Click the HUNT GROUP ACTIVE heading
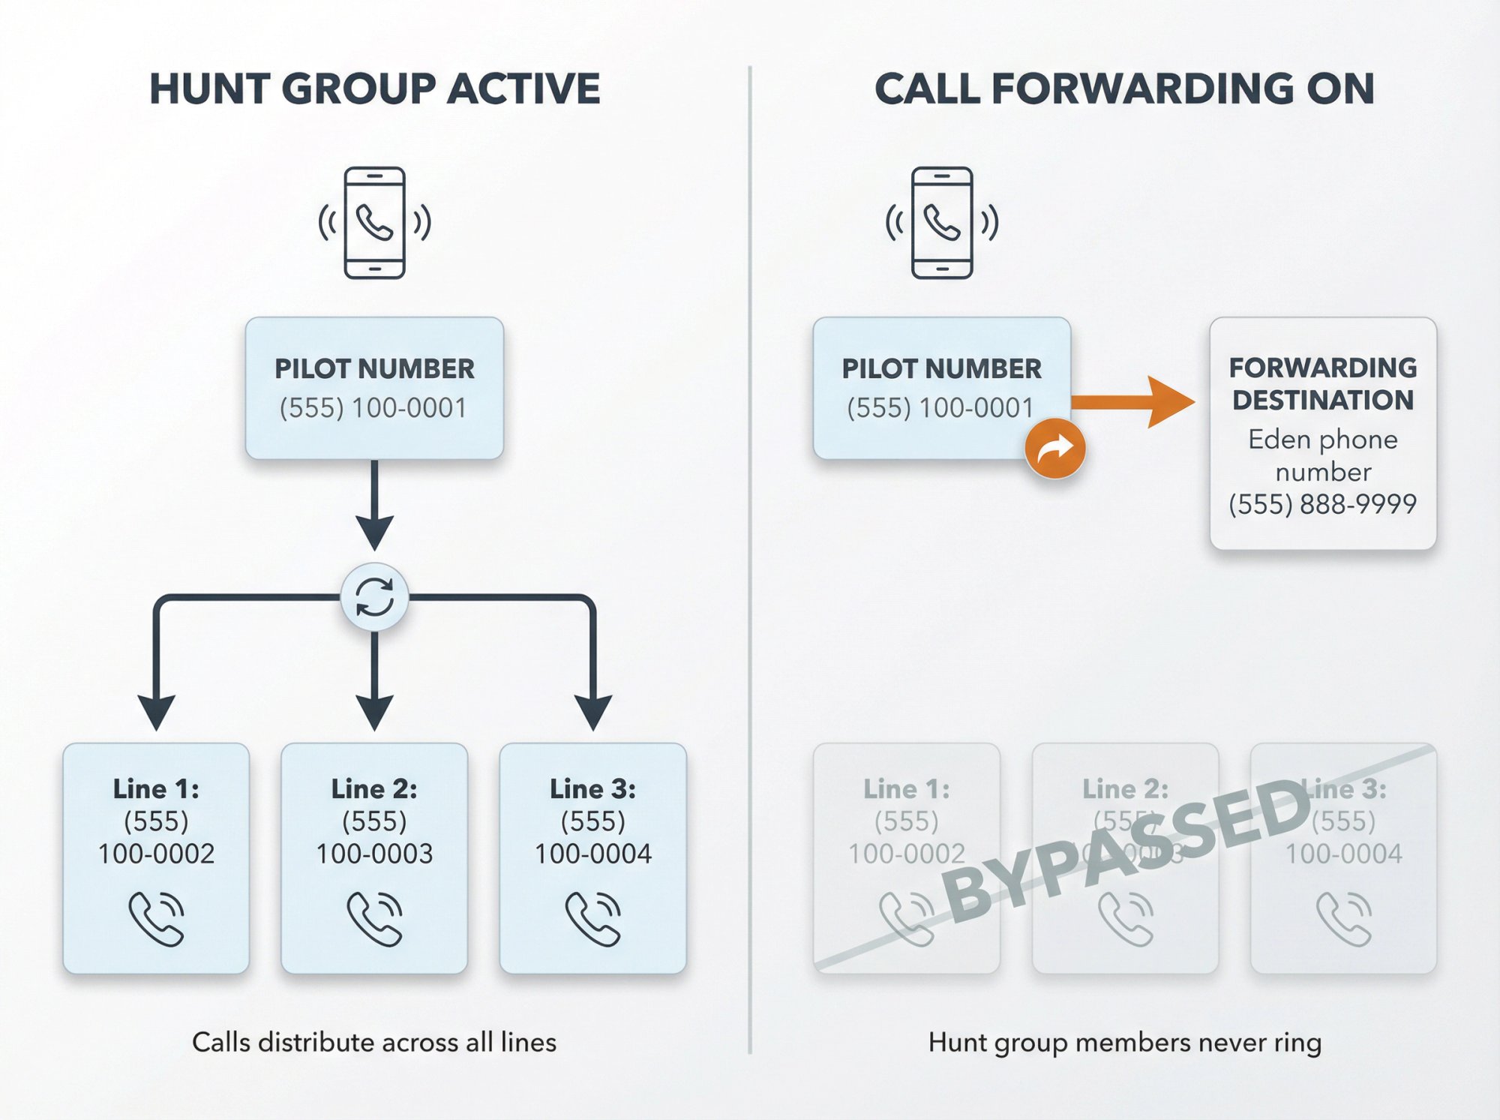click(374, 89)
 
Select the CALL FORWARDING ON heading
click(1124, 89)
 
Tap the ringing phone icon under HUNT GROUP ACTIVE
click(374, 223)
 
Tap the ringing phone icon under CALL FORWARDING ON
click(942, 223)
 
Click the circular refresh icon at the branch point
click(374, 598)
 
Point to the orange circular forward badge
click(1054, 449)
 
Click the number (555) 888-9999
click(1322, 504)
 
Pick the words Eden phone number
click(1322, 455)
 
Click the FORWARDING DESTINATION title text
click(1322, 383)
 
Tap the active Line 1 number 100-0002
click(156, 854)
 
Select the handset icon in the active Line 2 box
click(374, 919)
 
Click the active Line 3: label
click(592, 789)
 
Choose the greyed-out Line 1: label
click(906, 789)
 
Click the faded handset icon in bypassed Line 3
click(1343, 919)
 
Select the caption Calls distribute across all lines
click(374, 1043)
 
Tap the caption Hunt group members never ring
click(1124, 1043)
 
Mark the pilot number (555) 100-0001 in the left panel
click(373, 408)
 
